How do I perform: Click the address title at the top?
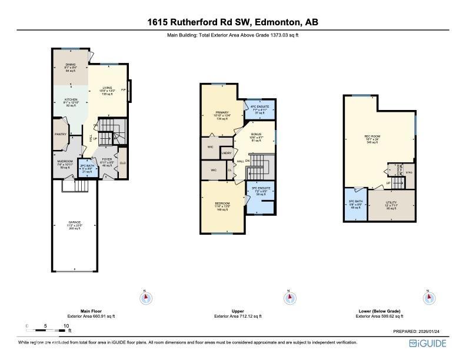point(232,23)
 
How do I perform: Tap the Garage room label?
point(74,224)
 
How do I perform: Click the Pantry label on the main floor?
point(60,134)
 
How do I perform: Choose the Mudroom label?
point(65,163)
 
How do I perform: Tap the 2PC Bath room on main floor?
point(86,168)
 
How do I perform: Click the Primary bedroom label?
point(222,114)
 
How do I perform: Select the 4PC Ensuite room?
point(259,108)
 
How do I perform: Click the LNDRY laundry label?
point(226,154)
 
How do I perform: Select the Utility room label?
point(391,204)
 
